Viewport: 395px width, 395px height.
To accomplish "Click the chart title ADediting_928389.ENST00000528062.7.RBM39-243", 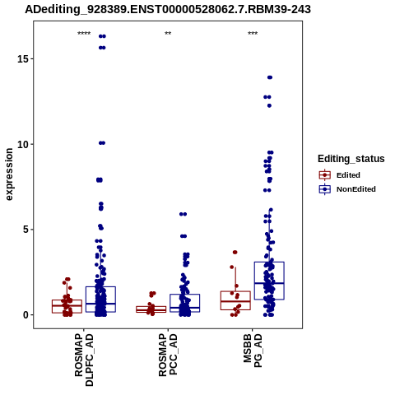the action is pos(168,10).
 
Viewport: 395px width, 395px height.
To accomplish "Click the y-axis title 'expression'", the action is pos(9,174).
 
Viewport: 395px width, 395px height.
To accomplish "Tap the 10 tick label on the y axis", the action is pos(24,144).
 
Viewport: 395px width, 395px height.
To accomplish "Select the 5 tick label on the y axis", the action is pos(26,230).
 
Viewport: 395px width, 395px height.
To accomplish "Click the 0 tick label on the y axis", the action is pos(26,315).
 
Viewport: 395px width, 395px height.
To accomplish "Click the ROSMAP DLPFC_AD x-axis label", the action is pos(84,360).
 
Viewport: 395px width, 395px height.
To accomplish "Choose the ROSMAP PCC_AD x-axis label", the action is pos(168,355).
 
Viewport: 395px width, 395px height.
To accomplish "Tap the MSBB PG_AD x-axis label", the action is pos(253,351).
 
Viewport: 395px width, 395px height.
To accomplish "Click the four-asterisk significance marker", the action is pos(84,34).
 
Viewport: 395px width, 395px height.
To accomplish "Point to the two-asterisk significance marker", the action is pos(168,34).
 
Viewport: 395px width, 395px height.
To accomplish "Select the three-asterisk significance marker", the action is pos(253,34).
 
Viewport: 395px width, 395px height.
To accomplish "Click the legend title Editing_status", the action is pos(351,159).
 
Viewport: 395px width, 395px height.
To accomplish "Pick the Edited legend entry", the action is pos(339,175).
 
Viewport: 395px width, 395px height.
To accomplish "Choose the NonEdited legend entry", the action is pos(347,189).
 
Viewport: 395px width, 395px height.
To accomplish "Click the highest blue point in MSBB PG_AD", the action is pos(270,77).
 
